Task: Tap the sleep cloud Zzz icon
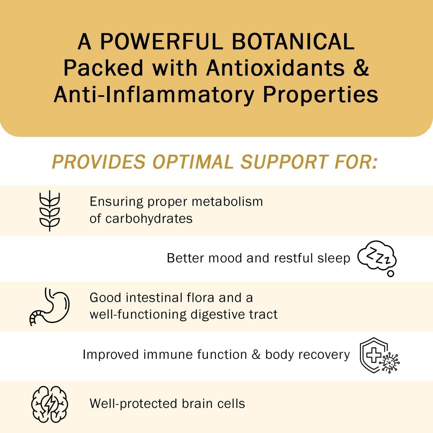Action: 377,258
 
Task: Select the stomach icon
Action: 50,306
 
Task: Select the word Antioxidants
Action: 276,68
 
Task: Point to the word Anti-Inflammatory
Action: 154,95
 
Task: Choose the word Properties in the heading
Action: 320,95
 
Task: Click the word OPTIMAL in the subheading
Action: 193,162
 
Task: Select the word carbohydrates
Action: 149,219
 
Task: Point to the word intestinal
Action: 154,298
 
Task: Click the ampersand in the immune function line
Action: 256,354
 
